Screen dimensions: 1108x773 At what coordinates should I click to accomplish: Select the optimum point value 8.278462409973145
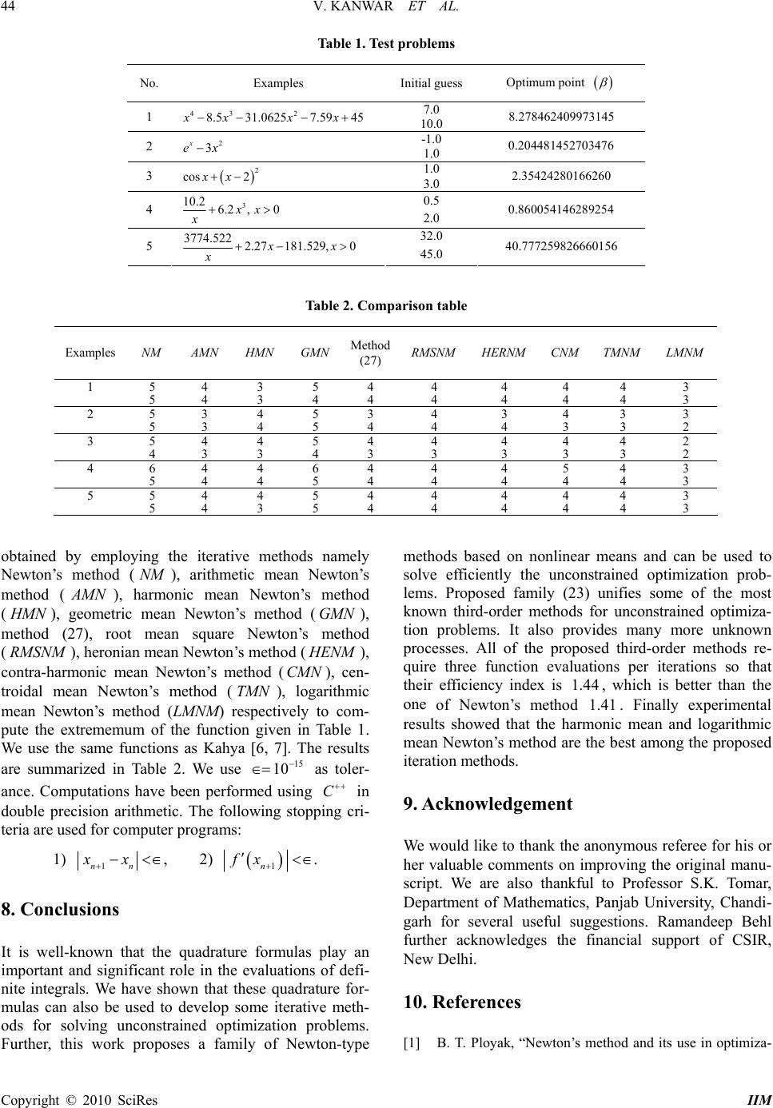(560, 116)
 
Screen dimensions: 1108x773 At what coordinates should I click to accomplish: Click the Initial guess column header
(431, 83)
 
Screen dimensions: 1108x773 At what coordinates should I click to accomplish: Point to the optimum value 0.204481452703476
(560, 144)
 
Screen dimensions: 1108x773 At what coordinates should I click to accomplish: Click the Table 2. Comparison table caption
(387, 305)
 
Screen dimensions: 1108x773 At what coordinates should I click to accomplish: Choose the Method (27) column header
(370, 352)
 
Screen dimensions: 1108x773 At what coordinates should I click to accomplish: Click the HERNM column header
(505, 352)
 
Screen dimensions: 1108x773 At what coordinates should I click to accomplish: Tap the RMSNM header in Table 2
(434, 352)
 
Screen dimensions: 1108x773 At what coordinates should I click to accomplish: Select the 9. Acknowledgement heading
(488, 804)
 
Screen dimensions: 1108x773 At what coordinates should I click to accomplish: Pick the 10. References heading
(463, 1002)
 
